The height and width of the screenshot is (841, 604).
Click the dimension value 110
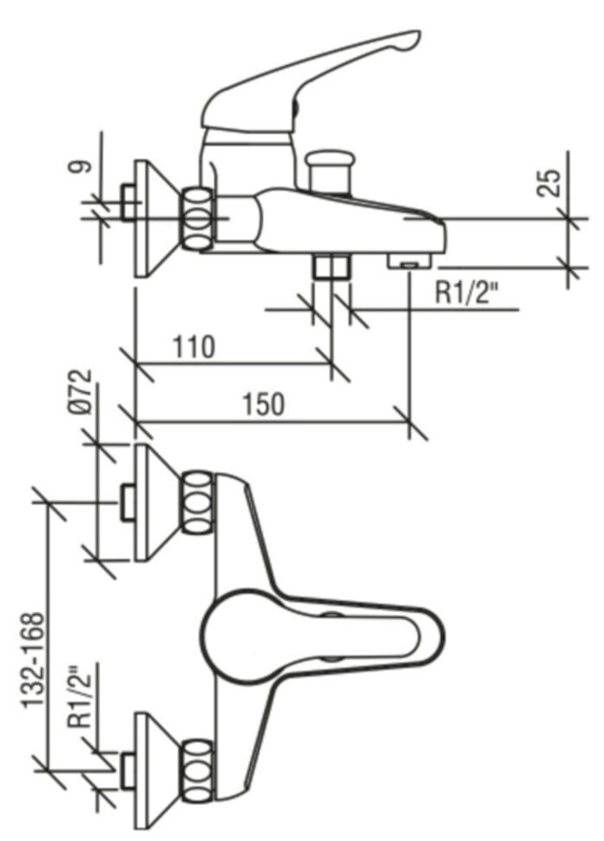(194, 347)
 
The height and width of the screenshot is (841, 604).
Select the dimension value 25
(550, 184)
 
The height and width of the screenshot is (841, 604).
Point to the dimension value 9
(78, 167)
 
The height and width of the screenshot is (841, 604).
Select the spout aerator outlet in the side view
(408, 262)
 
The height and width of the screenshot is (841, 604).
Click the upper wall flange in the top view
(156, 502)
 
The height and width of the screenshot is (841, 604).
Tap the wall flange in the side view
(156, 218)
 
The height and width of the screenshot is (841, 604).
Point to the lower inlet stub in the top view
(128, 770)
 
